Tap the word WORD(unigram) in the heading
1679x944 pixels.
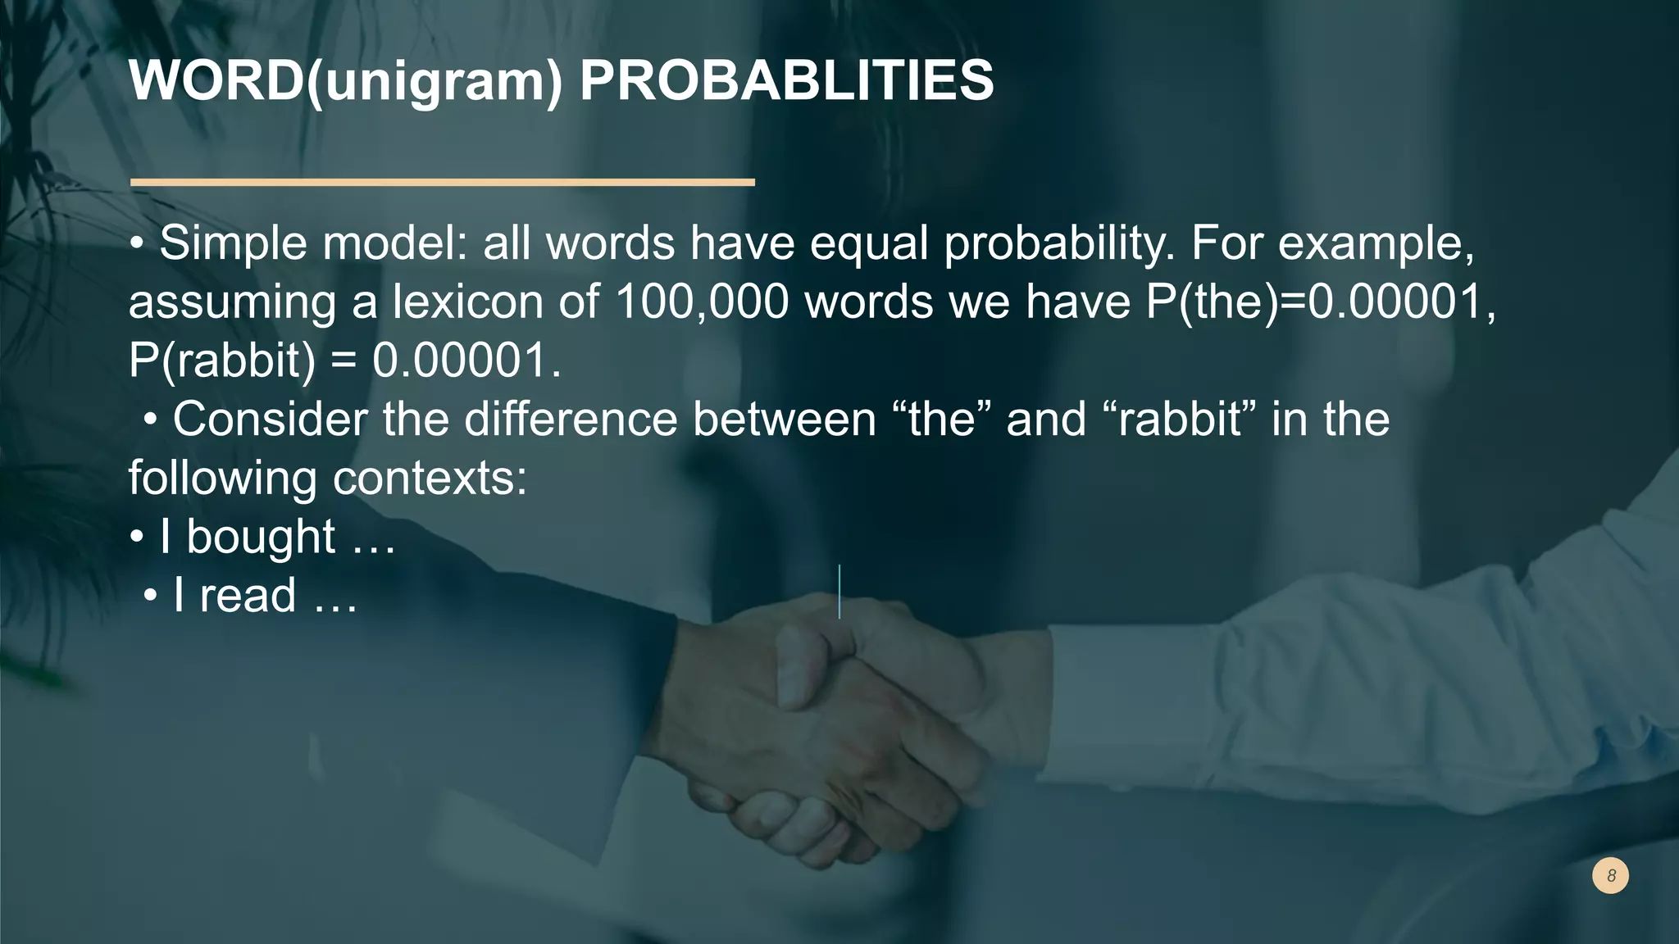tap(345, 82)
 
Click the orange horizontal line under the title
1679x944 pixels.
tap(442, 182)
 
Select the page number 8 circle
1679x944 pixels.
tap(1610, 876)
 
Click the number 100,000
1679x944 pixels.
tap(701, 302)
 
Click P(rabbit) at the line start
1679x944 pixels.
tap(221, 361)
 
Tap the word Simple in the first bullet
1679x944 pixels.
tap(233, 243)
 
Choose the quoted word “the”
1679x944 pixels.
tap(941, 420)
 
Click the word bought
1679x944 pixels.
tap(261, 538)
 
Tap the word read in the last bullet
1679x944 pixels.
tap(248, 596)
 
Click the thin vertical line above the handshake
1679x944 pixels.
tap(839, 591)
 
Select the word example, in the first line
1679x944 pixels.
tap(1376, 243)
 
